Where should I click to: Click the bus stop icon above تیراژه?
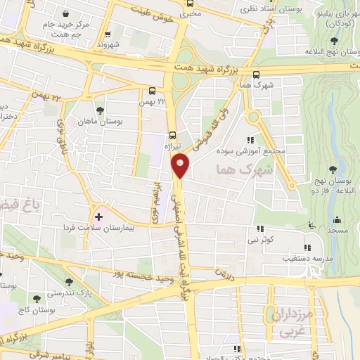point(173,135)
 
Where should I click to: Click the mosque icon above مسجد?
point(336,219)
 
